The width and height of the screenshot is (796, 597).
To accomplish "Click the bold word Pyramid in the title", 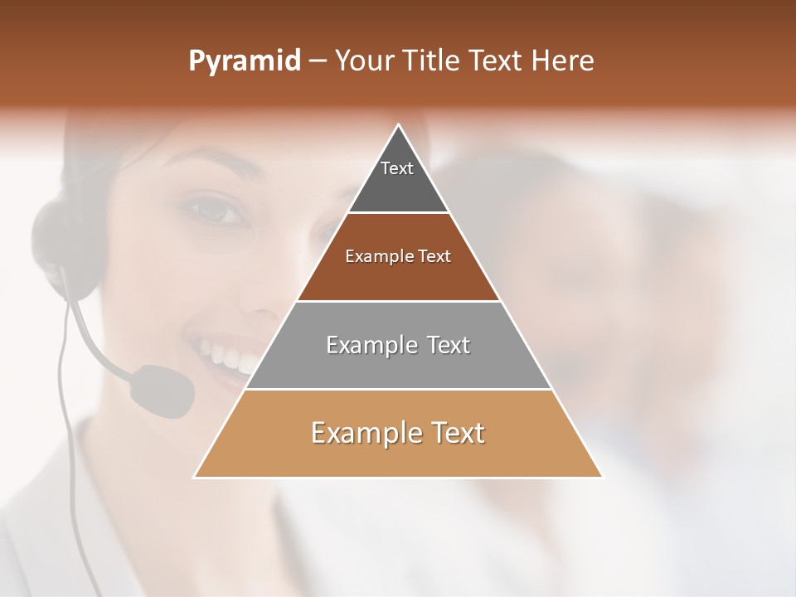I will pyautogui.click(x=244, y=61).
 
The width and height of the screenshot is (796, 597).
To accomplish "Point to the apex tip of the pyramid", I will pyautogui.click(x=399, y=126).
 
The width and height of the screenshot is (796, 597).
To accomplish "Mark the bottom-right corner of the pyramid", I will pyautogui.click(x=601, y=477).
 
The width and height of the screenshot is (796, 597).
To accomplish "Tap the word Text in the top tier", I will pyautogui.click(x=396, y=168).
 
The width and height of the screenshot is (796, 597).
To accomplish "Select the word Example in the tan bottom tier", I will pyautogui.click(x=366, y=433).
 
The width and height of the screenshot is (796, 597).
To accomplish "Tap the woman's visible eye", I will pyautogui.click(x=217, y=210).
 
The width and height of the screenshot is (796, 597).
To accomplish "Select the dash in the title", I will pyautogui.click(x=318, y=61).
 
